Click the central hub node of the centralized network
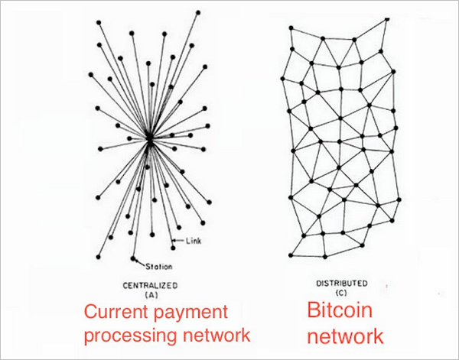click(150, 139)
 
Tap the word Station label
click(159, 266)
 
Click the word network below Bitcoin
click(346, 335)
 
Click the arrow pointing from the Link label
click(181, 241)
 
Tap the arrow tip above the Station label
click(135, 258)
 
